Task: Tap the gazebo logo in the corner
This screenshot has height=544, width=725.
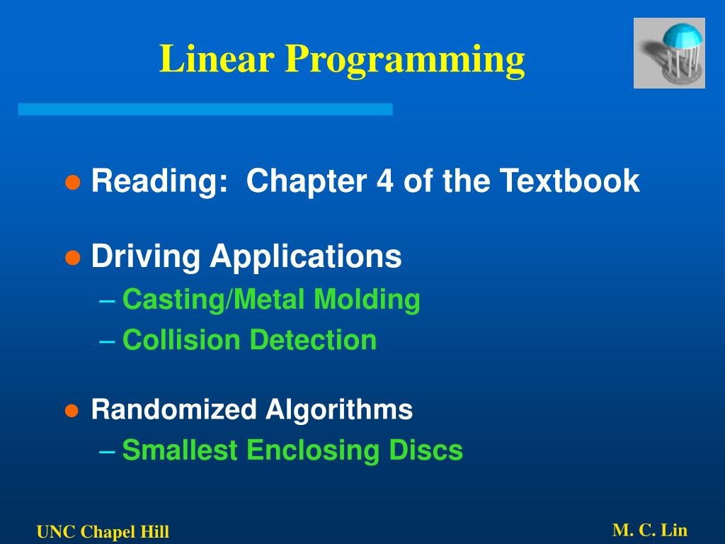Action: [669, 53]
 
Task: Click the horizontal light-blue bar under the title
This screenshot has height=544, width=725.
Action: [205, 109]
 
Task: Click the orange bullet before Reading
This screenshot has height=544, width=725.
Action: [72, 182]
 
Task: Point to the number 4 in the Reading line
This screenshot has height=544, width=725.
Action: [385, 181]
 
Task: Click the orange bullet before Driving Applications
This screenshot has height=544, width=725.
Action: [72, 257]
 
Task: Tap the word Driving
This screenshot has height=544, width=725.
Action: [145, 257]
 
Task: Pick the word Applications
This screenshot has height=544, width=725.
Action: [305, 257]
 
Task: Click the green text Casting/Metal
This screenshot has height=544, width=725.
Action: [215, 300]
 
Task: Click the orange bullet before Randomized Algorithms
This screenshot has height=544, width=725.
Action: [72, 410]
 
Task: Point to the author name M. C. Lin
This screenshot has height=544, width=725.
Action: [650, 530]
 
